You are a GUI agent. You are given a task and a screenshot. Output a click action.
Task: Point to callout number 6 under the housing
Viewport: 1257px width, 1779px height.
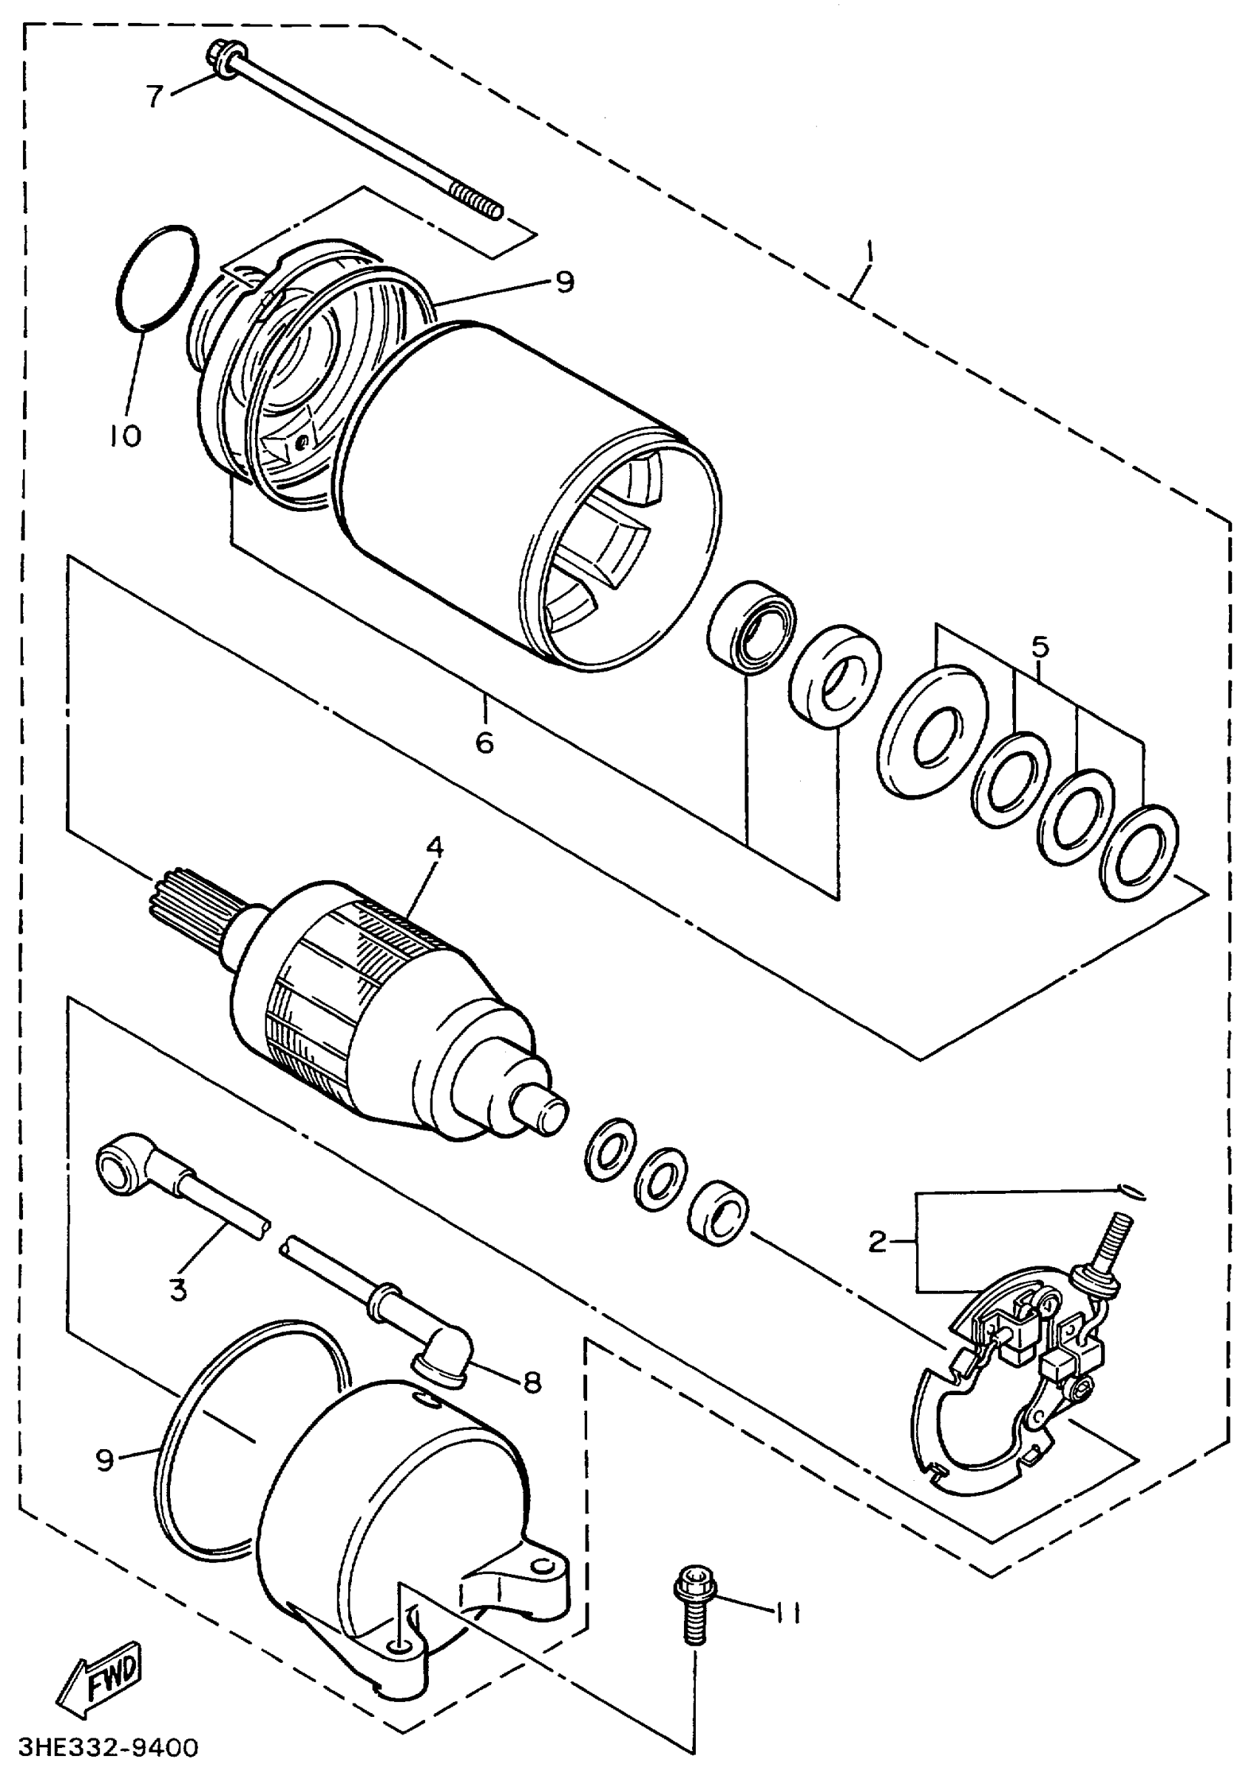[484, 742]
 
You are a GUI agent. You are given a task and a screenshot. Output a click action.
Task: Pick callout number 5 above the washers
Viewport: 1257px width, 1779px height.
[1040, 647]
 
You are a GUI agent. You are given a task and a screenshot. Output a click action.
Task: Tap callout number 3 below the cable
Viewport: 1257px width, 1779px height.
[178, 1290]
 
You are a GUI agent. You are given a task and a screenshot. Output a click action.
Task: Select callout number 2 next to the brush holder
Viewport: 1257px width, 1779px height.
[877, 1242]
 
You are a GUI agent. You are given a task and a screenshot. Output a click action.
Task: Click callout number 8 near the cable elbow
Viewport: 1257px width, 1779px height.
[532, 1383]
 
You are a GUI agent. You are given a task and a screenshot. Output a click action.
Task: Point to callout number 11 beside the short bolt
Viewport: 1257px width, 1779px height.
[788, 1613]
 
